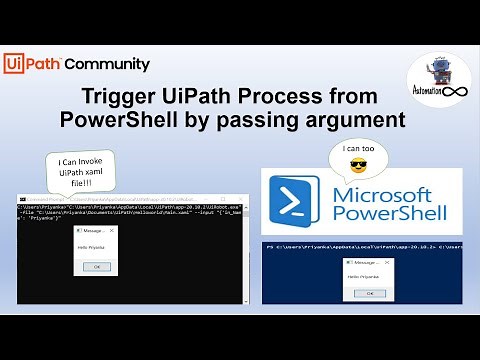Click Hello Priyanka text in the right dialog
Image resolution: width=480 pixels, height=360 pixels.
click(363, 274)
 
